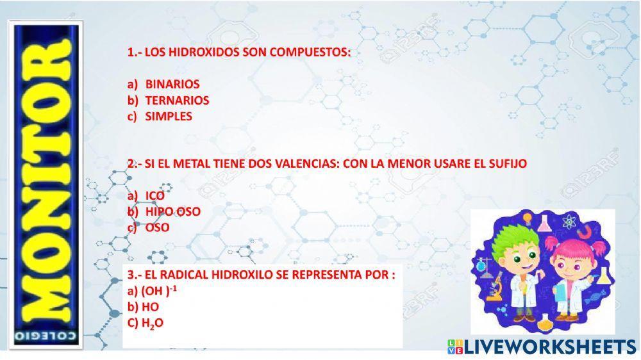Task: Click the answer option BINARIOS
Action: pyautogui.click(x=172, y=84)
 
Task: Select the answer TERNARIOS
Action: pyautogui.click(x=176, y=101)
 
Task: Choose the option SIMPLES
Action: pyautogui.click(x=168, y=117)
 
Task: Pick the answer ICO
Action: pyautogui.click(x=154, y=195)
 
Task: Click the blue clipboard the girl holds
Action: pyautogui.click(x=560, y=291)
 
